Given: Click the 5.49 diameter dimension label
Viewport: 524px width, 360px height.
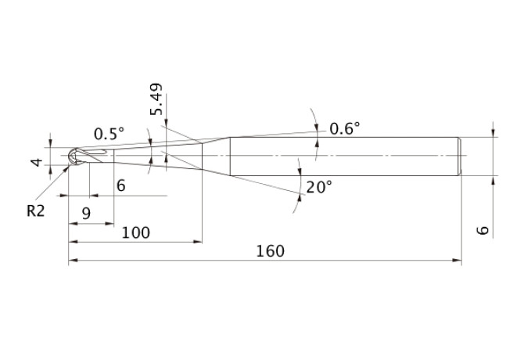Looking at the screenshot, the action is [x=156, y=99].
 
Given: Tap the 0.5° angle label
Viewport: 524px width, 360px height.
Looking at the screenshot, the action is [x=109, y=134].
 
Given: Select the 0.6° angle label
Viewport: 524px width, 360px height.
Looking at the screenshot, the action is [x=345, y=128].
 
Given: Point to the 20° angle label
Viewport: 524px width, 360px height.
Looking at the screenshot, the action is [x=319, y=187].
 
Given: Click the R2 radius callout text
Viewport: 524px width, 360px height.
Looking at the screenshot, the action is [x=35, y=211].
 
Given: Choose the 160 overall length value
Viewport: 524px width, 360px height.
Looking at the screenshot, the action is [x=271, y=251].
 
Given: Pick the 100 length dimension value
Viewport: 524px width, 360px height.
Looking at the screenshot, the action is [x=135, y=232].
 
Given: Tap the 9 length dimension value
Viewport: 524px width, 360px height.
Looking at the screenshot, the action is [x=86, y=213].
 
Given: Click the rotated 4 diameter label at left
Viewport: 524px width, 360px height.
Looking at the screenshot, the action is [x=37, y=163].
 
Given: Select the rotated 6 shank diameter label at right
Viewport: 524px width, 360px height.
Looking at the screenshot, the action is [x=483, y=230].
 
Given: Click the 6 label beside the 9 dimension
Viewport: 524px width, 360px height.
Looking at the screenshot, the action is [x=121, y=185].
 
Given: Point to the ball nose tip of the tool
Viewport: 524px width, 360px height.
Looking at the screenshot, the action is [x=69, y=156].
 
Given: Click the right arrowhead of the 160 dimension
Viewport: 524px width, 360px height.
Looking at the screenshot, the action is [x=457, y=260].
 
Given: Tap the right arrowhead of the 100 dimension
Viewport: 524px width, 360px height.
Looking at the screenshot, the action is [x=198, y=241].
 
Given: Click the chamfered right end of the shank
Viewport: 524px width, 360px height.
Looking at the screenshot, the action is [x=460, y=156].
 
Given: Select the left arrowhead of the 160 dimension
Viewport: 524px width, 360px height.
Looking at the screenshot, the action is [x=74, y=260].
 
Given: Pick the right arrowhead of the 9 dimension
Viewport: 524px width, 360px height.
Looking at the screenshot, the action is [x=109, y=224].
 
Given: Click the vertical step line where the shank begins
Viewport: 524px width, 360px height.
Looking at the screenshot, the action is [x=230, y=156].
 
